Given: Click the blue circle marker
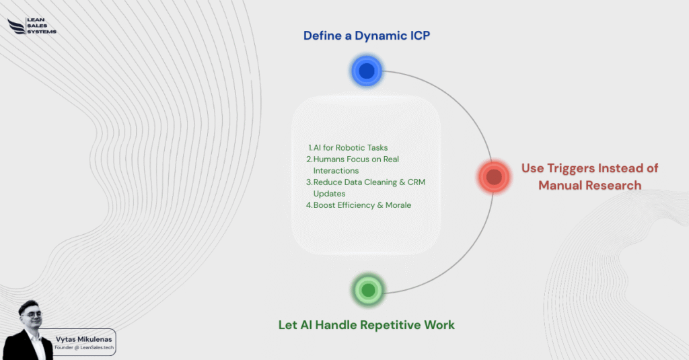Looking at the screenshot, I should coord(367,71).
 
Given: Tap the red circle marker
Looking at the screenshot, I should coord(494,177).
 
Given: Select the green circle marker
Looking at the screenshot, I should coord(367,290).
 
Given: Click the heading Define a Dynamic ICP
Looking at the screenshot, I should coord(367,36).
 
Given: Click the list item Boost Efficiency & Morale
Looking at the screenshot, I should coord(359,205).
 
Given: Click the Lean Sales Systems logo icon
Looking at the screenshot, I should coord(16,26).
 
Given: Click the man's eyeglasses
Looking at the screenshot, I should coord(30,314).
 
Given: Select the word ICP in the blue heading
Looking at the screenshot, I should coord(416,36).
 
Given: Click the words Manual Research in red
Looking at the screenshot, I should coord(589,185).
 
